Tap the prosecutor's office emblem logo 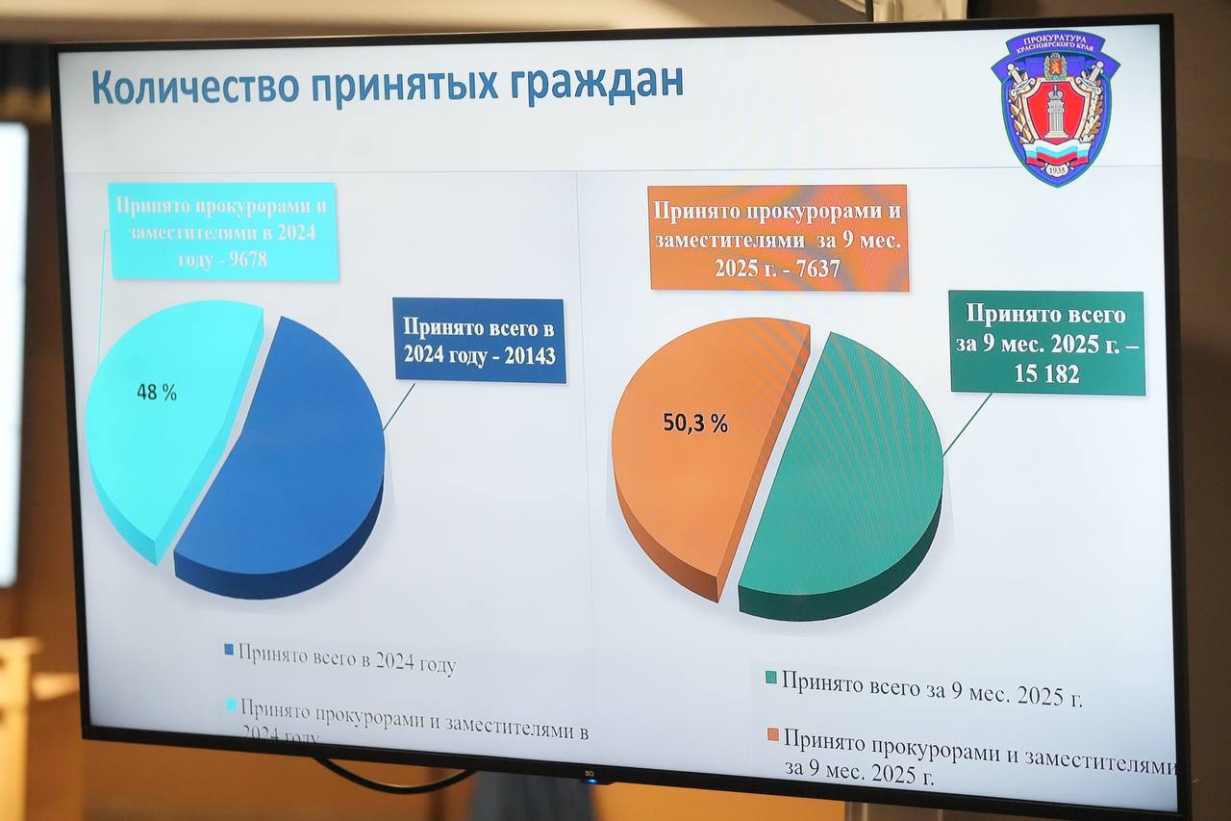click(x=1055, y=107)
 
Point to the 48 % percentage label click(x=156, y=393)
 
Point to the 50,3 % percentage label click(x=695, y=423)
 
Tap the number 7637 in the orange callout click(x=808, y=269)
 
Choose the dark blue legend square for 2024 click(x=229, y=650)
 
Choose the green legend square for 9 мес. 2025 click(x=770, y=678)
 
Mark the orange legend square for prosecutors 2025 click(x=771, y=735)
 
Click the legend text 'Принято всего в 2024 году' click(x=346, y=661)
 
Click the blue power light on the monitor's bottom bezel click(x=590, y=780)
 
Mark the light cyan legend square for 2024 click(x=229, y=706)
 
